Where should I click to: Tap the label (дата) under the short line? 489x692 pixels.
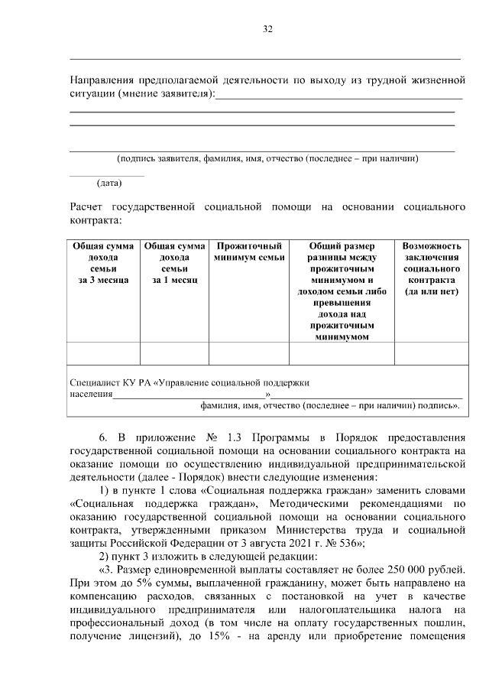pos(108,184)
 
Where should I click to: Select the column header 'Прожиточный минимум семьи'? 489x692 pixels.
pos(249,252)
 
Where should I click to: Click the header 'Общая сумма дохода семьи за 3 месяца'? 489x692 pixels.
pos(103,263)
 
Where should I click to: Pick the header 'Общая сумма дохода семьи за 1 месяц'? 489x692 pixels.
pos(174,263)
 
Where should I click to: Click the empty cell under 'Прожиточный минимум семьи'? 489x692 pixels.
pos(249,352)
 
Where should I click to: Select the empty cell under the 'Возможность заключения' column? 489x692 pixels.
pos(432,352)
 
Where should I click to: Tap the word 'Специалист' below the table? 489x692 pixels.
pos(93,381)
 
